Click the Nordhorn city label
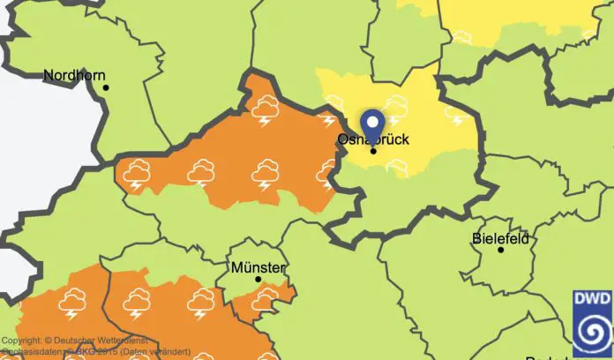coord(73,76)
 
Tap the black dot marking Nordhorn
coord(105,87)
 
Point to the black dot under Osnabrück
coord(373,151)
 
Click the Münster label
coord(258,267)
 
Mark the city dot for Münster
coord(258,279)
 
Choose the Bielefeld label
coord(500,238)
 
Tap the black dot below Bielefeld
coord(500,250)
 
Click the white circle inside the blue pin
coord(373,121)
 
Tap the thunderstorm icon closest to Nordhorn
coord(137,174)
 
